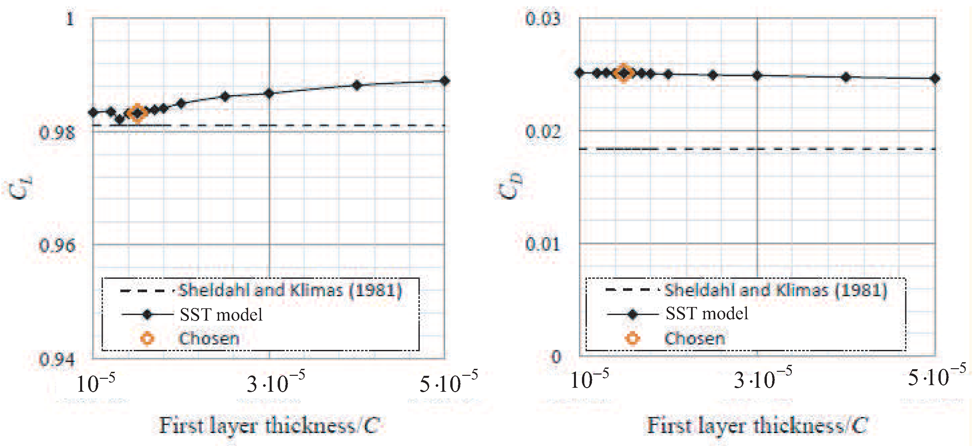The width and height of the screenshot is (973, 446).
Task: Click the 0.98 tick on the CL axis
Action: point(57,133)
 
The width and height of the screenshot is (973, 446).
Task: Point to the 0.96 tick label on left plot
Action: point(57,245)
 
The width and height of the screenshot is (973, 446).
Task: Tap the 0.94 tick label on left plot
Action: point(57,359)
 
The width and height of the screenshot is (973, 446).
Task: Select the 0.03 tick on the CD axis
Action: point(542,19)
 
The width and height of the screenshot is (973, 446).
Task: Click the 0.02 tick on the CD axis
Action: point(542,131)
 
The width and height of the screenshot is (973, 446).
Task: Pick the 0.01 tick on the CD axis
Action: point(542,244)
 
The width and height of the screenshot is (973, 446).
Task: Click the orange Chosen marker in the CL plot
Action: point(137,113)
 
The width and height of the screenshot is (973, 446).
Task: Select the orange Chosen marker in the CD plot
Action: point(624,73)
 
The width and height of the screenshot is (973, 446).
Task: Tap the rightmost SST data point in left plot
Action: point(445,81)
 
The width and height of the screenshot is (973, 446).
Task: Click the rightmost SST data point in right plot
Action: point(935,78)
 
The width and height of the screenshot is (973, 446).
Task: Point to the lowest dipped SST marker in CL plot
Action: point(120,120)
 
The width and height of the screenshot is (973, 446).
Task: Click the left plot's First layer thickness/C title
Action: point(269,426)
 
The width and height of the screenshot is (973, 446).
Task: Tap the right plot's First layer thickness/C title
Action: point(757,426)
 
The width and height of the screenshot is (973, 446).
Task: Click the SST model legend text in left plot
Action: point(221,315)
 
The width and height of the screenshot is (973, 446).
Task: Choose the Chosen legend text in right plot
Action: point(695,338)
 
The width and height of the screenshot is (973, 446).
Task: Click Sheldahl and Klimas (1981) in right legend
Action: point(775,290)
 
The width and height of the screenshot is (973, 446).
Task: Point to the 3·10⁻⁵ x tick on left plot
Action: point(275,384)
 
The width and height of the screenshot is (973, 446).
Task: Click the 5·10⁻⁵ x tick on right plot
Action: point(936,377)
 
